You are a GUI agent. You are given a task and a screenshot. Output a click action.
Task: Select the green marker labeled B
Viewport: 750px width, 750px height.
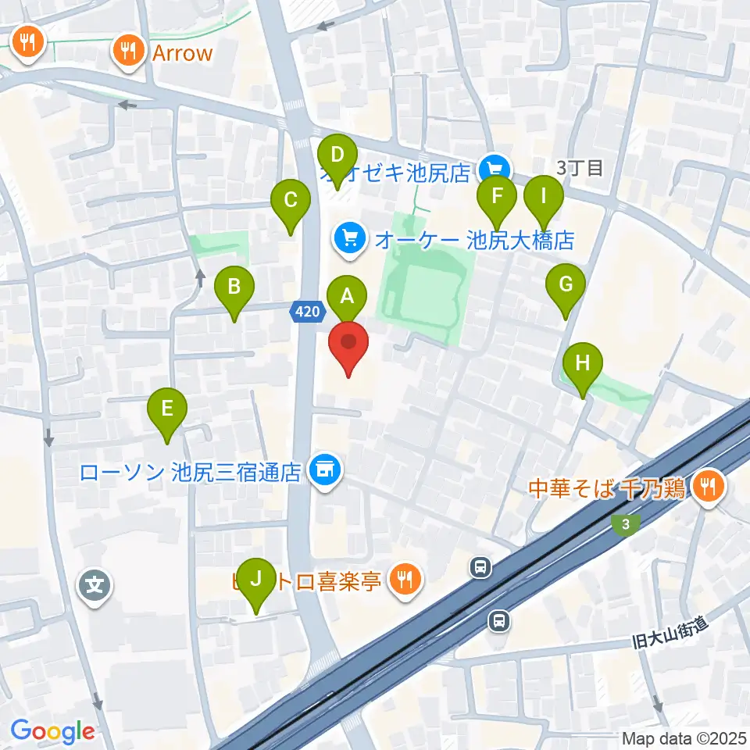coord(234,287)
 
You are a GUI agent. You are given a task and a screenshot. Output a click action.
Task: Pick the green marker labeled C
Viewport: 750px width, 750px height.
coord(290,200)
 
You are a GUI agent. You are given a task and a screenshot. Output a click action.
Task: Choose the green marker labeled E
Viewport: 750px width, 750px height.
coord(166,409)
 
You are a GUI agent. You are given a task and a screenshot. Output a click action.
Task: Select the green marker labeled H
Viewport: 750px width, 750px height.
coord(583,364)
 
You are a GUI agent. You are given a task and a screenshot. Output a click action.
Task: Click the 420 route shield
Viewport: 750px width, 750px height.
coord(307,312)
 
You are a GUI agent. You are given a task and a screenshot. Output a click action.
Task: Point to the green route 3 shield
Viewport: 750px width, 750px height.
coord(624,526)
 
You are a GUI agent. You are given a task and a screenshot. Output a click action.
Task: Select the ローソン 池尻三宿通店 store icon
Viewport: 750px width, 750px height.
coord(323,470)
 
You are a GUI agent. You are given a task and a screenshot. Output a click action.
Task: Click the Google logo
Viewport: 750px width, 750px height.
coord(52,732)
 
